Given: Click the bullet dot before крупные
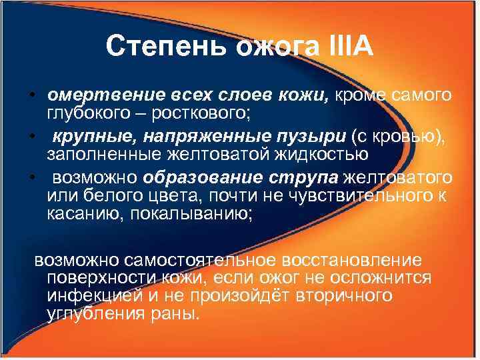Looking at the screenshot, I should point(32,137).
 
